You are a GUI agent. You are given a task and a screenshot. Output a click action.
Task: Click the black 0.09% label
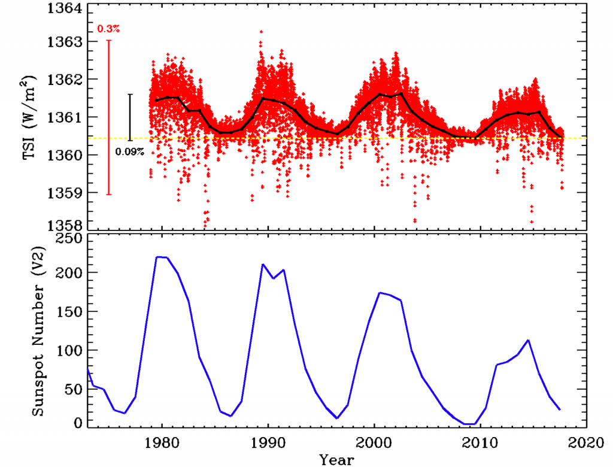[x=130, y=151]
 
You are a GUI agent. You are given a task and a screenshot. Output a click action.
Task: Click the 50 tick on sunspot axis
[x=71, y=389]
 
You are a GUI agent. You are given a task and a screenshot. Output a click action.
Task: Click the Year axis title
[x=336, y=459]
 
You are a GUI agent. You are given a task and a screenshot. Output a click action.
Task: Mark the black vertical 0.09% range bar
[x=130, y=117]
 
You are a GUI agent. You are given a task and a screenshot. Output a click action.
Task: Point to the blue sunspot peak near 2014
[x=528, y=340]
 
